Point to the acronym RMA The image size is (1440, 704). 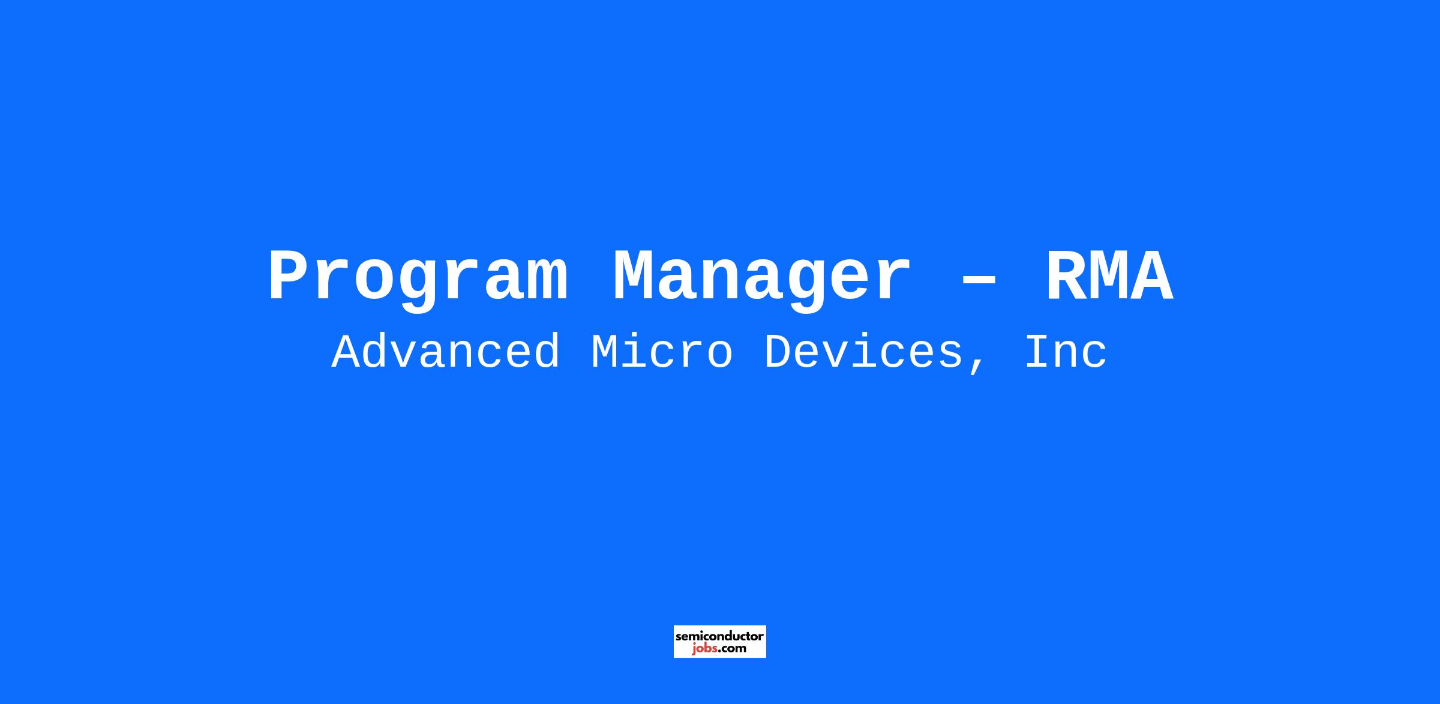coord(1109,276)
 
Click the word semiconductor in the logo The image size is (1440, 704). coord(720,636)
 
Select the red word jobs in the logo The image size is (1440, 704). coord(704,649)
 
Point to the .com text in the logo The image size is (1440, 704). coord(733,649)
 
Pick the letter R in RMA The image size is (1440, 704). coord(1066,276)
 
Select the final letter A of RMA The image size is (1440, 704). coord(1153,276)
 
